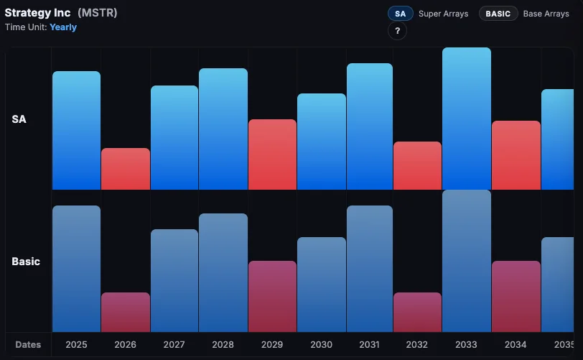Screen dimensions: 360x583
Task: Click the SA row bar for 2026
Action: [126, 169]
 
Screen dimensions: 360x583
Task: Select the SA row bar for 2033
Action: [467, 119]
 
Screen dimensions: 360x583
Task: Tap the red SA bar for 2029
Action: [272, 154]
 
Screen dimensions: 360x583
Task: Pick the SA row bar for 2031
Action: [370, 126]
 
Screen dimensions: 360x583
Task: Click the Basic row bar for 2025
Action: [76, 269]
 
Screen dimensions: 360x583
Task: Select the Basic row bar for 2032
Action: [418, 312]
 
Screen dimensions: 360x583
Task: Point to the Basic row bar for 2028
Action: [223, 272]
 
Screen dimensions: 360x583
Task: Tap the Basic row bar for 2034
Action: [516, 296]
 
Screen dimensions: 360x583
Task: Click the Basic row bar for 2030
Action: [321, 285]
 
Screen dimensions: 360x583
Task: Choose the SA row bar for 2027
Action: [174, 137]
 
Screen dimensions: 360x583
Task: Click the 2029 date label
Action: [272, 345]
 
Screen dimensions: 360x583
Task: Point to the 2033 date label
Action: [467, 345]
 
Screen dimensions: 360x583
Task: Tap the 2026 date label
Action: [126, 345]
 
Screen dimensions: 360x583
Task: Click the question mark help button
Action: [397, 32]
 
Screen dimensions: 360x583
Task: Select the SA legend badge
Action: [400, 14]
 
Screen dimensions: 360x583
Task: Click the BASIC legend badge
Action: [498, 14]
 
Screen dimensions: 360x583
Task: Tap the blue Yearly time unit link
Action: [63, 27]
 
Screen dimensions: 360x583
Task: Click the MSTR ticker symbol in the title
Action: [97, 13]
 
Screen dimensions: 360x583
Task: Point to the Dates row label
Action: [28, 345]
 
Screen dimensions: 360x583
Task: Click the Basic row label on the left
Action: [26, 262]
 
